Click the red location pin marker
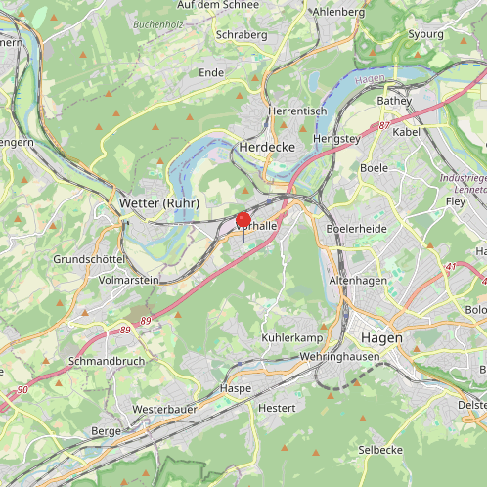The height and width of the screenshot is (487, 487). coord(243,221)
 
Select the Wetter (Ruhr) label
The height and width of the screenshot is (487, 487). coord(158,202)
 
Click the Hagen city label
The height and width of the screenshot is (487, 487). coord(381,337)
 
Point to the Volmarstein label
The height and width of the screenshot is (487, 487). coord(129,279)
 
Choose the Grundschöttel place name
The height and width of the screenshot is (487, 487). coord(89,260)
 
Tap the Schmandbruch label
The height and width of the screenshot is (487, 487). coord(107,360)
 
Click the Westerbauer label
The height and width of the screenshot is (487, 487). coord(164,408)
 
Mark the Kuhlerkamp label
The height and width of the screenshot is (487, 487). coord(291,337)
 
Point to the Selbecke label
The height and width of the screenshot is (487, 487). coord(380,449)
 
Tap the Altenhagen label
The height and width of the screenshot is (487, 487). coord(358,280)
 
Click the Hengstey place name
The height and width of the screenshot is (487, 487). coord(335,140)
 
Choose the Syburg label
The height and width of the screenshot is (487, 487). coord(425,33)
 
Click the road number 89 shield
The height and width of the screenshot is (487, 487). coord(146,321)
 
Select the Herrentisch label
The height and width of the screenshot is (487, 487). coord(296,111)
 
